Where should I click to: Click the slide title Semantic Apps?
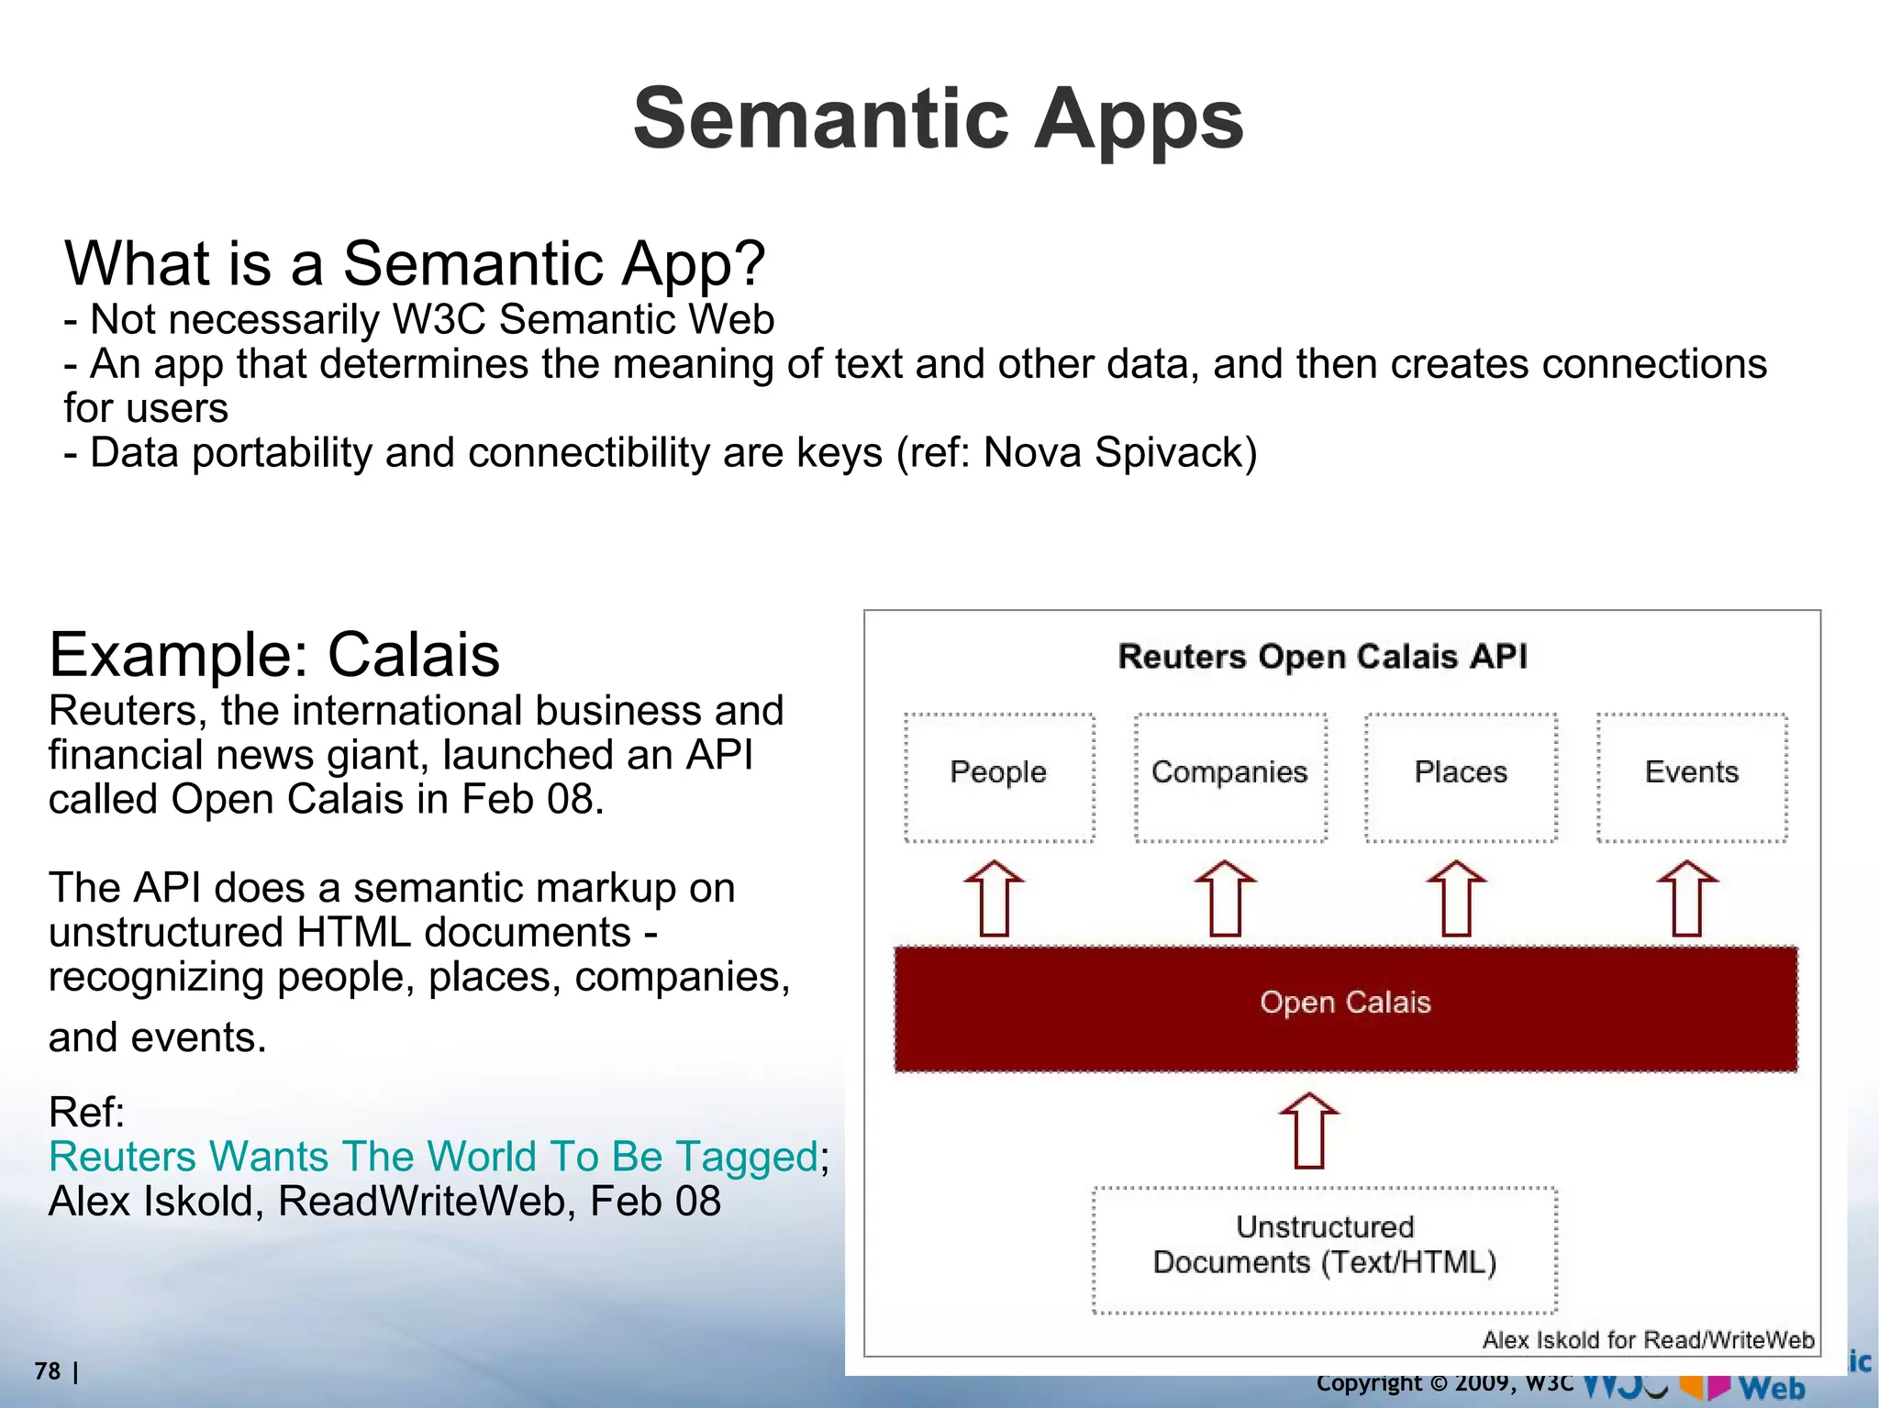pyautogui.click(x=938, y=119)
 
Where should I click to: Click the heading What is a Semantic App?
pyautogui.click(x=414, y=264)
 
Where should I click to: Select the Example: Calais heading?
pyautogui.click(x=273, y=655)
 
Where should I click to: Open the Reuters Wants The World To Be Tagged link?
pyautogui.click(x=433, y=1157)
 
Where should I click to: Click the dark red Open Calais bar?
pyautogui.click(x=1345, y=1007)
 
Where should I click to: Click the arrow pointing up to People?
pyautogui.click(x=994, y=899)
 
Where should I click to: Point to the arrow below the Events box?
pyautogui.click(x=1687, y=899)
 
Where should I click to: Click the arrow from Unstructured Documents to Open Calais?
pyautogui.click(x=1309, y=1130)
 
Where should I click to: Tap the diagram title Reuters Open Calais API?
pyautogui.click(x=1323, y=657)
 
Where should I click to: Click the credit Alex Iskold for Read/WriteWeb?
pyautogui.click(x=1648, y=1340)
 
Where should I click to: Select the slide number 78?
pyautogui.click(x=48, y=1371)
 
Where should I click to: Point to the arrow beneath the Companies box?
pyautogui.click(x=1225, y=899)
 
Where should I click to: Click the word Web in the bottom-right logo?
pyautogui.click(x=1771, y=1389)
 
